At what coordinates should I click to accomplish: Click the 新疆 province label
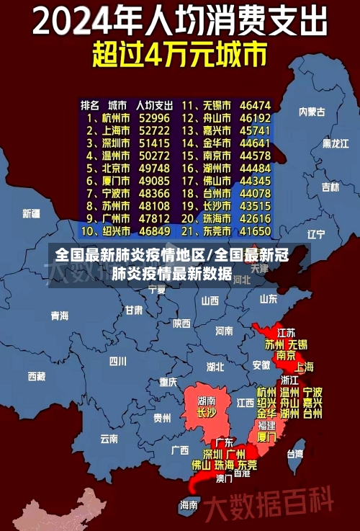pyautogui.click(x=31, y=213)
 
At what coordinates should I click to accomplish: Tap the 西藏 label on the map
pyautogui.click(x=36, y=376)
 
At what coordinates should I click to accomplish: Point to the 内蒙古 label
pyautogui.click(x=312, y=112)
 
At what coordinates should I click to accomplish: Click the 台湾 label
pyautogui.click(x=295, y=454)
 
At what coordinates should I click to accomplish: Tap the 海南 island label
pyautogui.click(x=189, y=505)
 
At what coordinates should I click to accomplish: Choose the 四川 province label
pyautogui.click(x=117, y=361)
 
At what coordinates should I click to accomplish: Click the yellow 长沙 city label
pyautogui.click(x=206, y=413)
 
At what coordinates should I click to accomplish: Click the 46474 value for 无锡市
pyautogui.click(x=255, y=105)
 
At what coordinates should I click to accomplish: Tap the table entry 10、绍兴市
pyautogui.click(x=106, y=231)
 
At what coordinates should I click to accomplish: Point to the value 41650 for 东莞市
pyautogui.click(x=255, y=231)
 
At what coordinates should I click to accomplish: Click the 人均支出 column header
pyautogui.click(x=154, y=105)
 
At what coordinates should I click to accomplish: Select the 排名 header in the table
pyautogui.click(x=90, y=105)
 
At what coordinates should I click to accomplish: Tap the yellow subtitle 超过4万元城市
pyautogui.click(x=179, y=55)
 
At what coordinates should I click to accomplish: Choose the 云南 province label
pyautogui.click(x=109, y=437)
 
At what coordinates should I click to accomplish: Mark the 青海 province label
pyautogui.click(x=59, y=316)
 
